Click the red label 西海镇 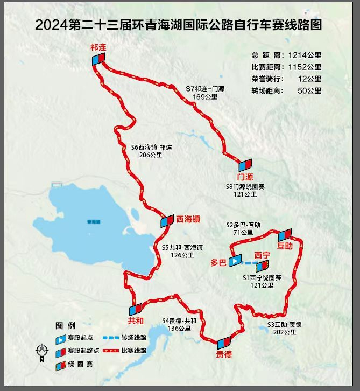click(x=188, y=219)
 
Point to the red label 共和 click(x=136, y=320)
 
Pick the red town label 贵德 click(x=224, y=354)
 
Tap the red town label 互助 click(x=284, y=246)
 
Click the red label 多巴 click(x=218, y=263)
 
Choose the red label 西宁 click(x=262, y=254)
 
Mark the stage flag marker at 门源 click(x=245, y=165)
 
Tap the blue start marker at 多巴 click(x=236, y=261)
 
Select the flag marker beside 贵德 click(x=223, y=342)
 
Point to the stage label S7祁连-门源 click(x=204, y=93)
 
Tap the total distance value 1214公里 click(x=305, y=55)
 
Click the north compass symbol click(x=41, y=352)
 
